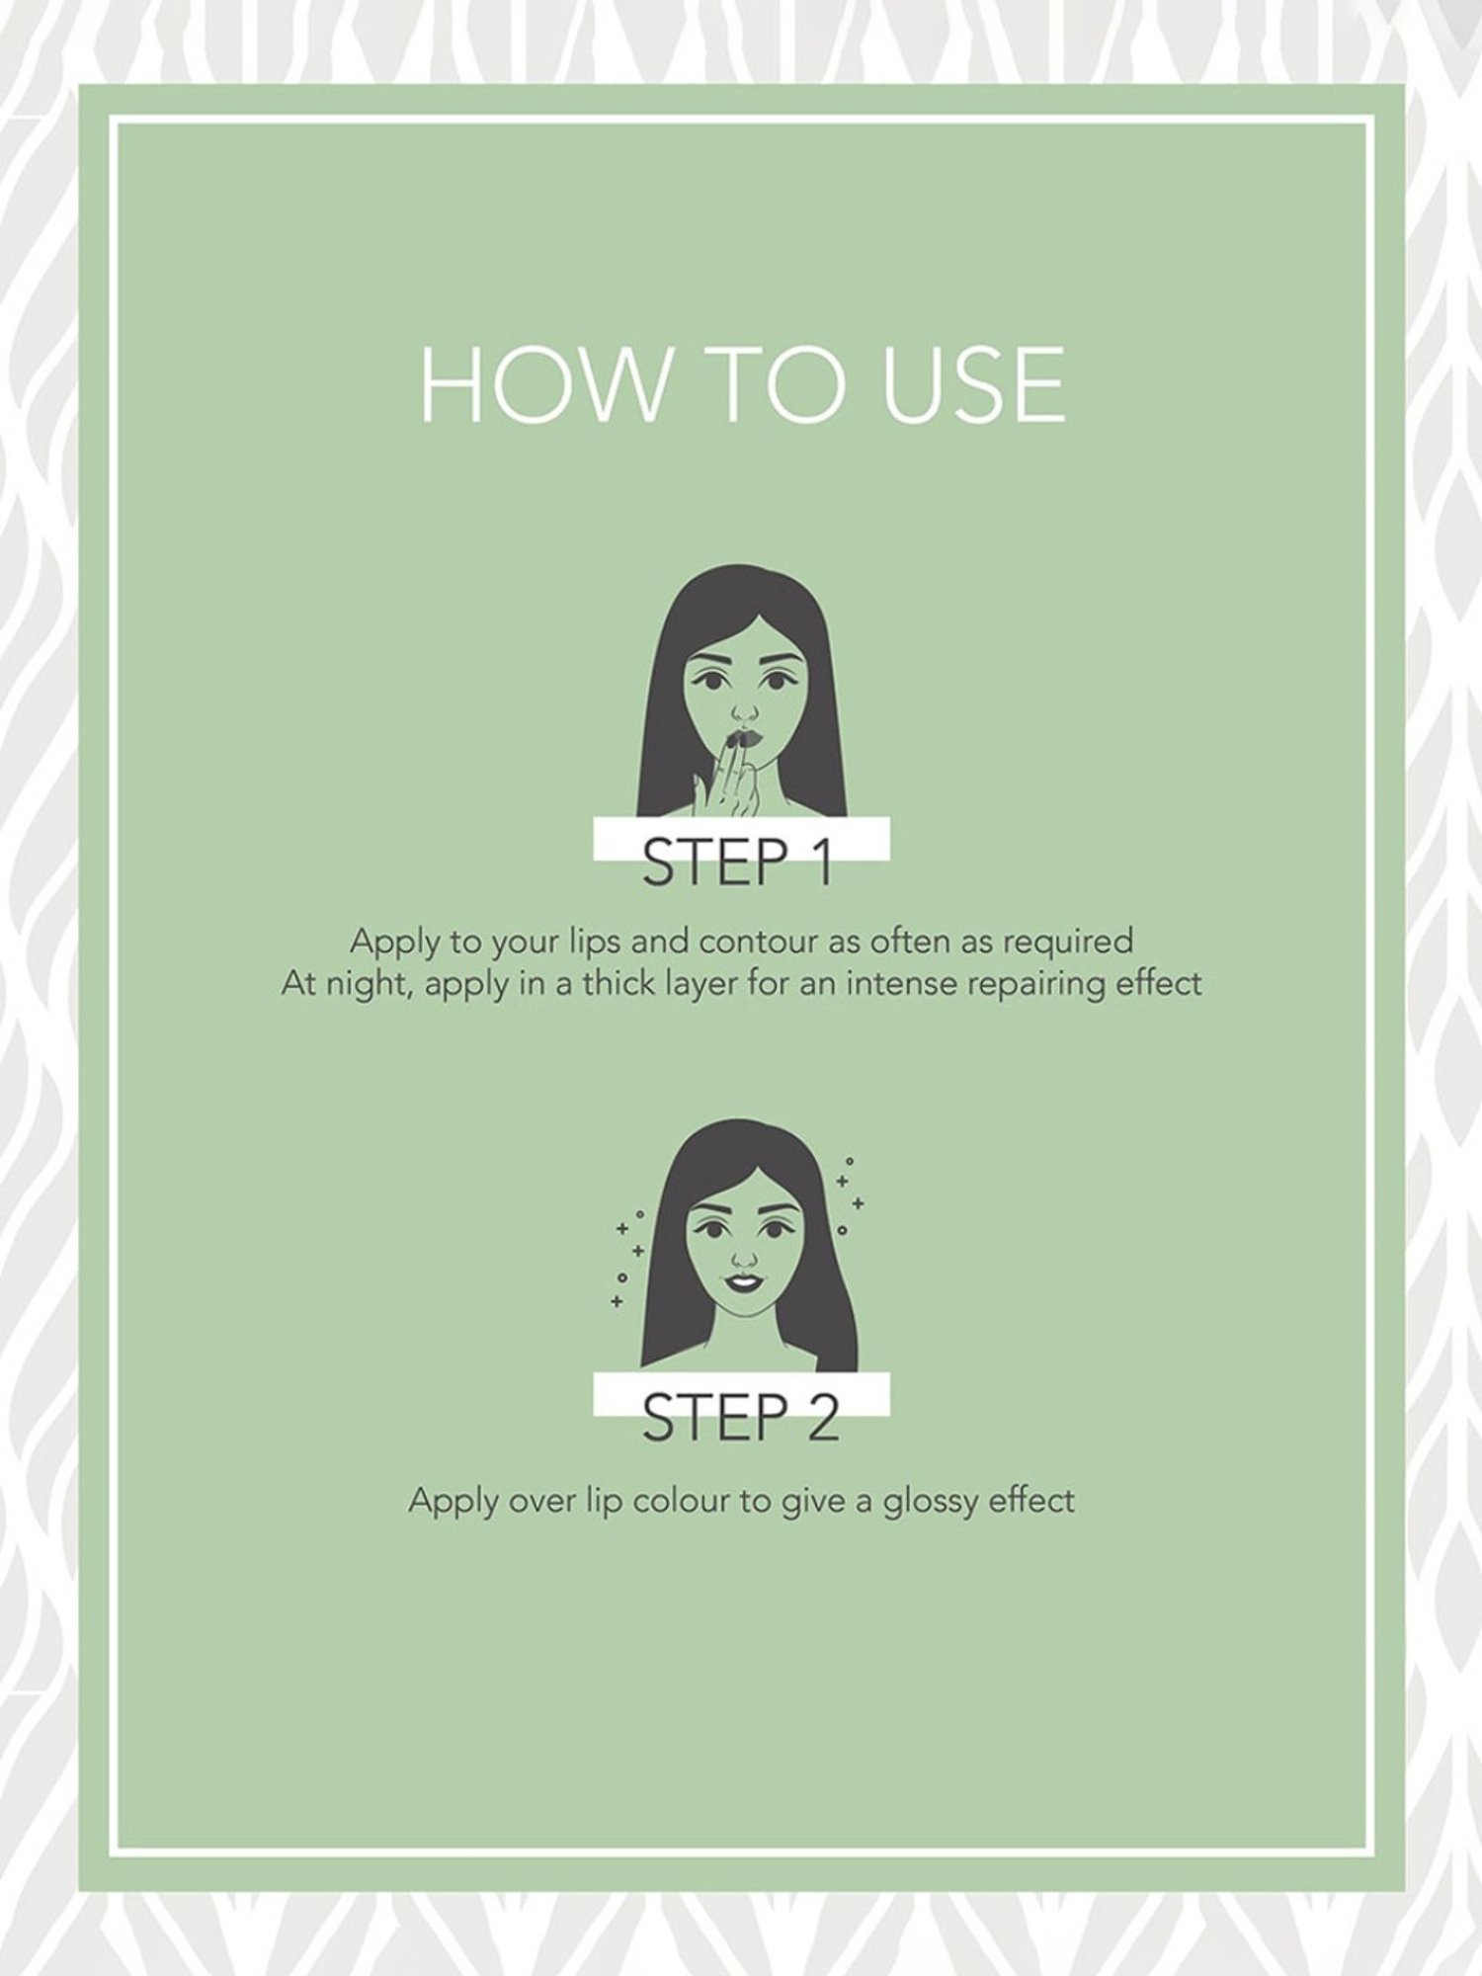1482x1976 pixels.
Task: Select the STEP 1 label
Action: click(x=737, y=862)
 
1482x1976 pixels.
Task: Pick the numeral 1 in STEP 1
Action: click(x=819, y=862)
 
